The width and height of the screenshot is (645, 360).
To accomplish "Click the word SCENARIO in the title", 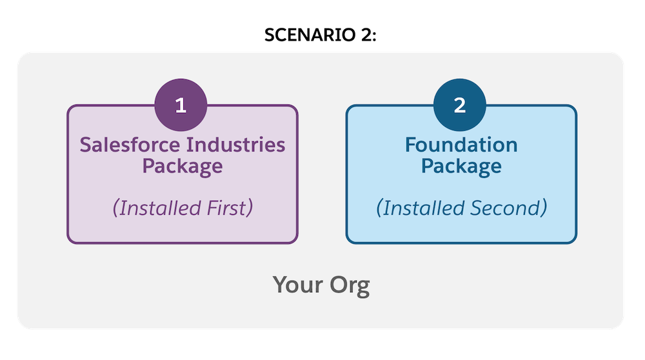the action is coord(310,35).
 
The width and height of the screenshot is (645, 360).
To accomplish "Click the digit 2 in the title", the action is coord(366,35).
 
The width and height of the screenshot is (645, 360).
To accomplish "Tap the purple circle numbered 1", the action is coord(181,105).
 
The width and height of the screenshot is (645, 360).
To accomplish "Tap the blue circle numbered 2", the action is coord(459,105).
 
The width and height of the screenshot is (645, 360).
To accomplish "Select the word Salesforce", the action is coord(130,145).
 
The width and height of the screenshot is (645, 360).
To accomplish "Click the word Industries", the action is coord(235,145).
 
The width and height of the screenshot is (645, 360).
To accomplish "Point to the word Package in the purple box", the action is coord(183,166).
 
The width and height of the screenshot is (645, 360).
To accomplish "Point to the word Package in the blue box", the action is coord(461,166).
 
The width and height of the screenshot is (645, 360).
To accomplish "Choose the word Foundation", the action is coord(461,145).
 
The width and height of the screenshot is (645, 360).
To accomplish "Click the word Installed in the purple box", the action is coord(160,208).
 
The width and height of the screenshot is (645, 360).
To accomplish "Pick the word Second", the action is coord(505,208).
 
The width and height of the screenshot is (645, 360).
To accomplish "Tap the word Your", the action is coord(298,285).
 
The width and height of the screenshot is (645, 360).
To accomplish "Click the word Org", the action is coord(350,286).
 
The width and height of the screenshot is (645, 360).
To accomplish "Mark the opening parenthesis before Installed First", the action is coord(115,208).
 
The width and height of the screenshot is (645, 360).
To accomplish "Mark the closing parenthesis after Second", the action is coord(544,208).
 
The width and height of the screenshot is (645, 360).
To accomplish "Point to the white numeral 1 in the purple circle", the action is coord(181,105).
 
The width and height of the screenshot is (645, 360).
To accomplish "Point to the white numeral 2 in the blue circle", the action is coord(459,105).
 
